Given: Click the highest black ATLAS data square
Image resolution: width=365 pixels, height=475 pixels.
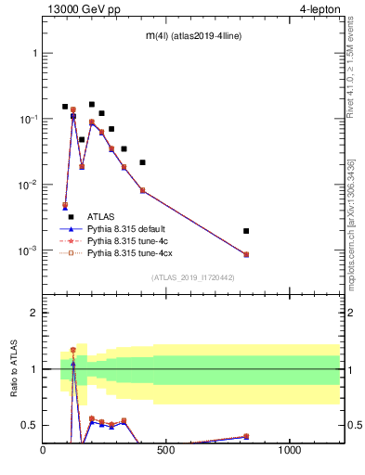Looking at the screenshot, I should (x=91, y=105).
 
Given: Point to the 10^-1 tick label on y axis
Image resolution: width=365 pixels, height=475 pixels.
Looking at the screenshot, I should (x=29, y=120).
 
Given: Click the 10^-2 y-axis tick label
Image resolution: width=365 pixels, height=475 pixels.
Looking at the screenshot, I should (x=29, y=186).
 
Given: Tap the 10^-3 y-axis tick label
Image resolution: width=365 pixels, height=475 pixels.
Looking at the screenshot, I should (x=29, y=251).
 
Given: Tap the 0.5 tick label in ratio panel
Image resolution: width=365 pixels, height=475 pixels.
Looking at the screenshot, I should (x=30, y=425).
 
